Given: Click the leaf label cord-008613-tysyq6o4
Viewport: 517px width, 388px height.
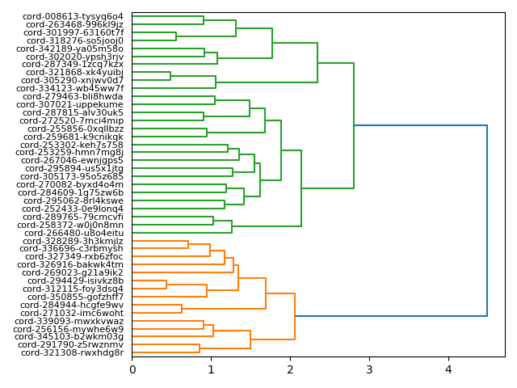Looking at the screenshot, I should click(x=72, y=16).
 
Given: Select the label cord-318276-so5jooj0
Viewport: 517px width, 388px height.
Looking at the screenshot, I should click(x=75, y=40).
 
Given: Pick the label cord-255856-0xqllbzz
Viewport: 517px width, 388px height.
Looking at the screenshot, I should click(x=76, y=129).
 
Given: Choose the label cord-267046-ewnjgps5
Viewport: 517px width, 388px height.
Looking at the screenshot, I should click(x=73, y=160).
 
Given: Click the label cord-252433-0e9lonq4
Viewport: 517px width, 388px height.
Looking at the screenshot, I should click(x=73, y=209).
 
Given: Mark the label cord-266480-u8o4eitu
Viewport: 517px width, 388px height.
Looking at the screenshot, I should click(x=74, y=233).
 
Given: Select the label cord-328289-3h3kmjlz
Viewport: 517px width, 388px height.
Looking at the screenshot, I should click(x=74, y=241).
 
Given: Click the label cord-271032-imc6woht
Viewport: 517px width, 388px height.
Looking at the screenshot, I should click(x=73, y=313).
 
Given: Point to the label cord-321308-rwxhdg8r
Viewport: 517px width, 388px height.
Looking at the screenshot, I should click(x=73, y=352).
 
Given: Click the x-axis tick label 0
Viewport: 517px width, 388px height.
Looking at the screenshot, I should click(x=132, y=370).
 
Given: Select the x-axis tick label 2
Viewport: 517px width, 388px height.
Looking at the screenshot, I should click(x=290, y=370).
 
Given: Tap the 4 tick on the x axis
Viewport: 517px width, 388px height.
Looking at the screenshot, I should click(x=448, y=370).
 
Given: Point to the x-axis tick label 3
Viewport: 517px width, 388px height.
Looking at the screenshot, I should click(x=369, y=370).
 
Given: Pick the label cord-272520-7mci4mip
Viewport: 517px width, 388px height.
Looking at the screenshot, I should click(x=74, y=120).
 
